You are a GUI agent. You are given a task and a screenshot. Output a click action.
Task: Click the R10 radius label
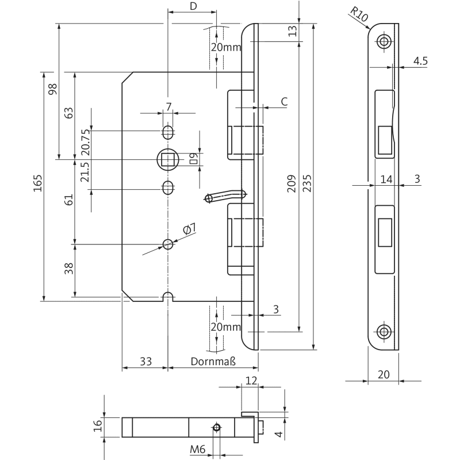(x=359, y=14)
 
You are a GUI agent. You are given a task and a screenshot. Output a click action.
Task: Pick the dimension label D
(x=193, y=6)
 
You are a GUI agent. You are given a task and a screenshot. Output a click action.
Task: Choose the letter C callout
(x=284, y=101)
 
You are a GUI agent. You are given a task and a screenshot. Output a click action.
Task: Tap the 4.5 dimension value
(x=420, y=61)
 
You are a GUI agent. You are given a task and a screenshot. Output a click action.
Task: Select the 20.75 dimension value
(x=86, y=140)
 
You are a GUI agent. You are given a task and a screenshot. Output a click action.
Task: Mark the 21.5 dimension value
(x=86, y=172)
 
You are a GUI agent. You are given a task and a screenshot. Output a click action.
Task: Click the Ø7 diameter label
(x=189, y=229)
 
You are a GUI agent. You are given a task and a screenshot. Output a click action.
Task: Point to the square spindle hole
(x=168, y=158)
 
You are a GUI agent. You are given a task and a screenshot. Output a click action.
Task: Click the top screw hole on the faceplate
(x=384, y=40)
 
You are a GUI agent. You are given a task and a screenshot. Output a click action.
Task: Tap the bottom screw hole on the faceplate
(x=384, y=331)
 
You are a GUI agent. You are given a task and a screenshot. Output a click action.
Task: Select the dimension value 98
(x=53, y=90)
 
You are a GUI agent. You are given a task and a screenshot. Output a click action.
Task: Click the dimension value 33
(x=145, y=362)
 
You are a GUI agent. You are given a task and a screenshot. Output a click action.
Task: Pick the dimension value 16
(x=98, y=425)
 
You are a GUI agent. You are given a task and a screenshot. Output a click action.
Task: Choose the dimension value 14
(x=386, y=179)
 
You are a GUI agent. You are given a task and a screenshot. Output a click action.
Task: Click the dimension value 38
(x=69, y=269)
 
